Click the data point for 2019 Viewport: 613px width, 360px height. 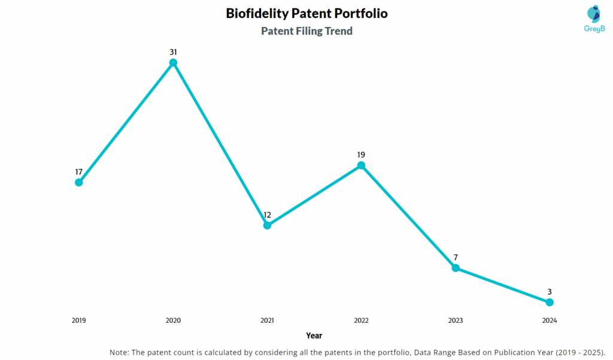click(78, 182)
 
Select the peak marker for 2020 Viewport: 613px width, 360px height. click(173, 62)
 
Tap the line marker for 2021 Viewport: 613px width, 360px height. click(267, 225)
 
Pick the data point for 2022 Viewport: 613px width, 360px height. click(361, 165)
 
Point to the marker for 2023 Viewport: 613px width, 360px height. click(456, 268)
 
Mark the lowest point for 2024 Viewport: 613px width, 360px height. click(550, 302)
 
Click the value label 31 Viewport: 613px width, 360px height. click(173, 52)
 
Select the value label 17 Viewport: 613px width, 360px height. click(78, 172)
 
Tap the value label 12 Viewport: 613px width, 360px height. click(267, 215)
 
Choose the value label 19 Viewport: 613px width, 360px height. click(361, 155)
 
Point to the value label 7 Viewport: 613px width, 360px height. click(456, 258)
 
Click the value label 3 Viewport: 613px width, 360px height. click(550, 292)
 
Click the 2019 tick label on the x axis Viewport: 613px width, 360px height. click(78, 320)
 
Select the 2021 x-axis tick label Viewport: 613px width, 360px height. click(267, 320)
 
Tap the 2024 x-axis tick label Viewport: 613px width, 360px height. click(550, 320)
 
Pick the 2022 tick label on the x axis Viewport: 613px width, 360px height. click(361, 320)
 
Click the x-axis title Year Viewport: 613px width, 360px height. click(314, 335)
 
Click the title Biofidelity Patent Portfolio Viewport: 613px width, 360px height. click(306, 13)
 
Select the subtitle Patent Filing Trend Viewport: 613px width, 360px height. click(306, 31)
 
